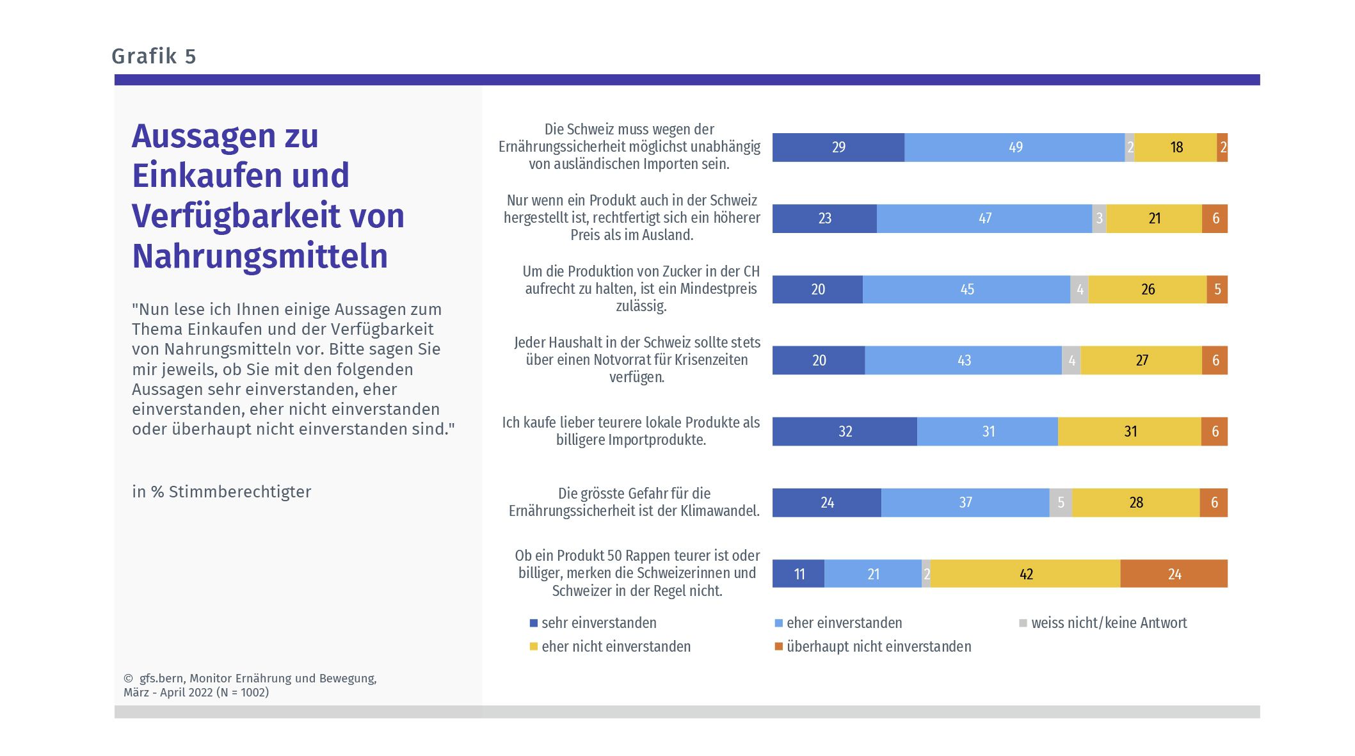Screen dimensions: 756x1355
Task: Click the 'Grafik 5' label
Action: tap(154, 56)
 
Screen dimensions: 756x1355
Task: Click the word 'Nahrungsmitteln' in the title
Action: tap(260, 256)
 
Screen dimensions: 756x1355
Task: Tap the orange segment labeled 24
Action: tap(1174, 574)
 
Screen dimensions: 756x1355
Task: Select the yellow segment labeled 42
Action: tap(1025, 574)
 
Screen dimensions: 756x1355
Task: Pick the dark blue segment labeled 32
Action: tap(844, 431)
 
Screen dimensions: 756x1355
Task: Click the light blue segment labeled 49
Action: tap(1014, 147)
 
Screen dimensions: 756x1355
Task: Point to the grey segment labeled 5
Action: tap(1061, 503)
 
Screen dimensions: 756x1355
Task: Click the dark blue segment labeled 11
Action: tap(798, 574)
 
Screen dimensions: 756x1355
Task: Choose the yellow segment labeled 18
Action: tap(1176, 147)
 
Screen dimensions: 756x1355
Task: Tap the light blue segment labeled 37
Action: tap(965, 503)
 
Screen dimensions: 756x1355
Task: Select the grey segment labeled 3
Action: tap(1099, 218)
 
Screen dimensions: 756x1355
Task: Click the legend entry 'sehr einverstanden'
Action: tap(598, 623)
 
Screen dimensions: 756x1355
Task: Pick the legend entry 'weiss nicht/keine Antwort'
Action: tap(1109, 623)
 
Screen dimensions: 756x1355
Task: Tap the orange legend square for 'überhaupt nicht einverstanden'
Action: tap(779, 647)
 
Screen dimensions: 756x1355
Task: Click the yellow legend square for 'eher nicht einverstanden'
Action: tap(534, 647)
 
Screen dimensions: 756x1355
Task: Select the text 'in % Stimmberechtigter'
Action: tap(221, 492)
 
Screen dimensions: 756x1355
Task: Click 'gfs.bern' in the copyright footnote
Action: tap(161, 679)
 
